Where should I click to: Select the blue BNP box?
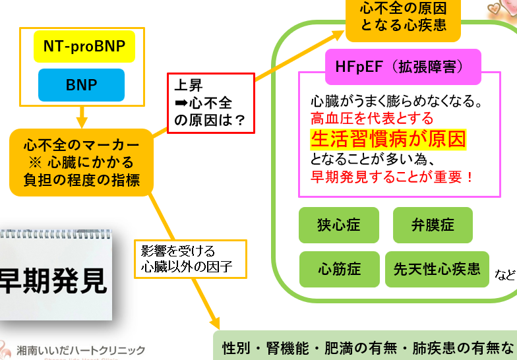coord(81,85)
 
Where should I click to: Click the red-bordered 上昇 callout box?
coord(210,103)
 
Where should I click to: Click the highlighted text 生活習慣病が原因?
coord(388,140)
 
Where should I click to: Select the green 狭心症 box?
coord(339,224)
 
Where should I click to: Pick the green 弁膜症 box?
coord(433,224)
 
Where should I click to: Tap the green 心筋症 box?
coord(339,269)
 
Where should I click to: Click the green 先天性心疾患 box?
coord(437,269)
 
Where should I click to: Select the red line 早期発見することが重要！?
coord(392,177)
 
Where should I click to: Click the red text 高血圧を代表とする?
coord(372,119)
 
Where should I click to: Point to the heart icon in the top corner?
coord(503,9)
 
